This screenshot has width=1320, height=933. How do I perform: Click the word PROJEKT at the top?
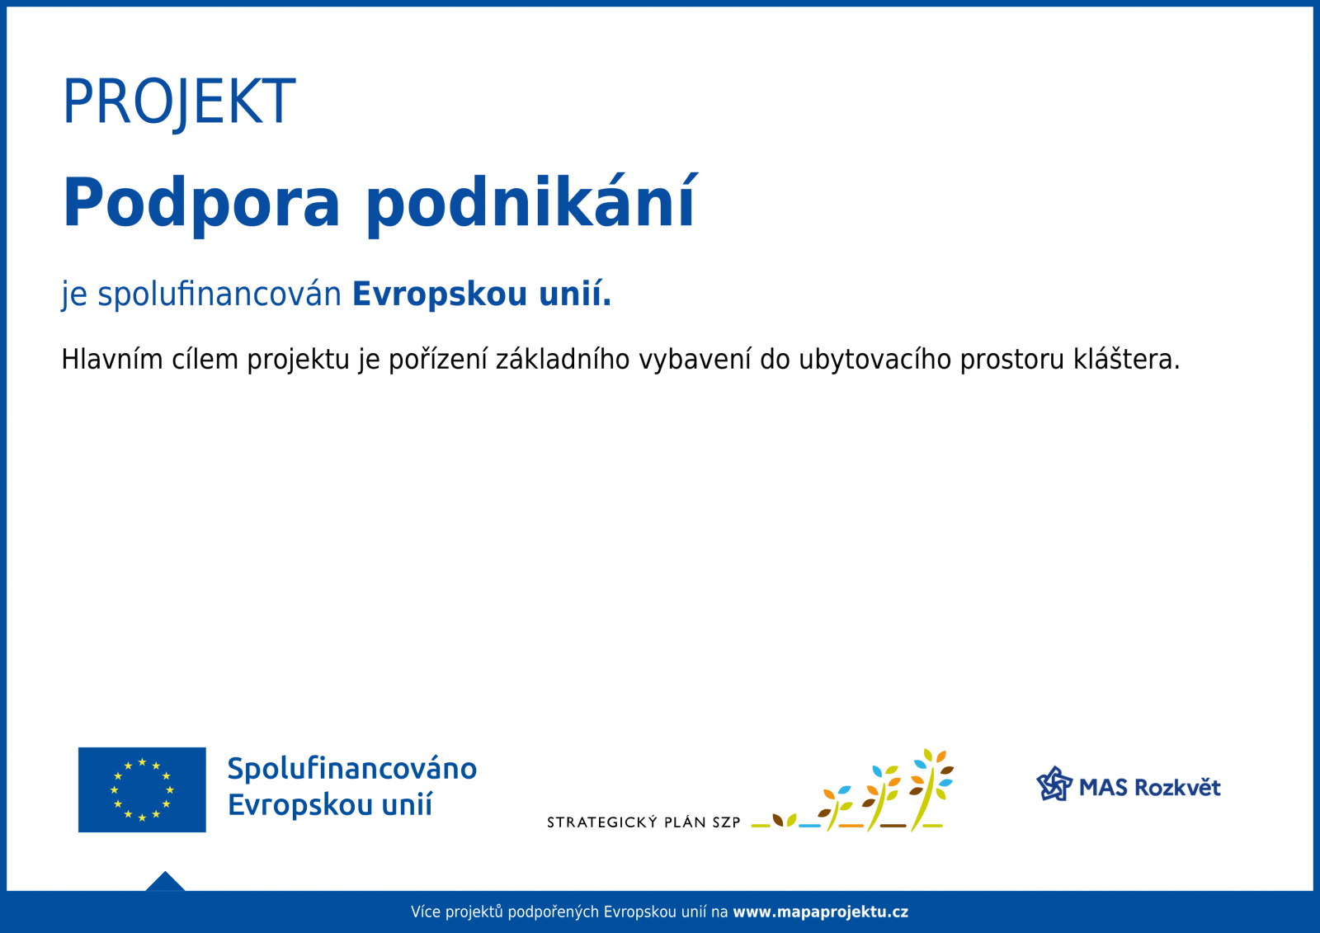coord(179,101)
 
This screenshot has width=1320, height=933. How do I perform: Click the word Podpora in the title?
coord(201,203)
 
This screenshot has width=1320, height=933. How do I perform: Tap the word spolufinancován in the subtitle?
coord(219,295)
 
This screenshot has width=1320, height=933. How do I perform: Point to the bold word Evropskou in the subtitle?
coord(440,295)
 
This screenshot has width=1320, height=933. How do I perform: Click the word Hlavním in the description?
coord(112,359)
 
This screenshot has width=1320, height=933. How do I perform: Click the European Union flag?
coord(142,789)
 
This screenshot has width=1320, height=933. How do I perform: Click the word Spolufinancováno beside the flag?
coord(351,770)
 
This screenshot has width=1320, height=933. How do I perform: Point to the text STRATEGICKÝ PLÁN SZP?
coord(643,822)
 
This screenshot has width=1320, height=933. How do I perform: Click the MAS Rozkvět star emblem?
coord(1054,784)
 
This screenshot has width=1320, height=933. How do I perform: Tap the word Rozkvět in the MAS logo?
coord(1177,788)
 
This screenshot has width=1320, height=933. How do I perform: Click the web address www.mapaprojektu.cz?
coord(820,912)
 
